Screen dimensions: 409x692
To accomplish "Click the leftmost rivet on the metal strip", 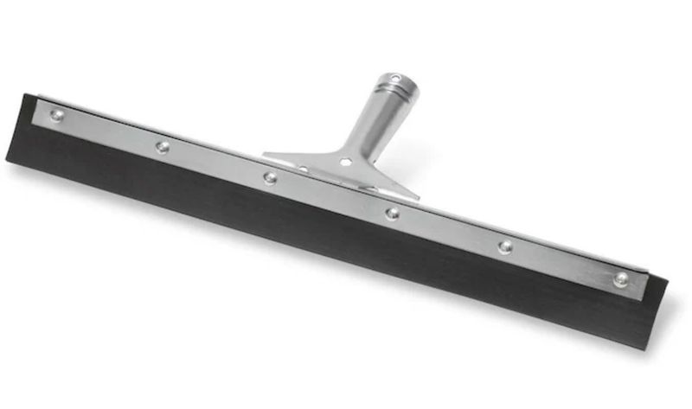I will (x=56, y=115).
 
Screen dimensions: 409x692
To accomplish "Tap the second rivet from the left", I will (x=162, y=146).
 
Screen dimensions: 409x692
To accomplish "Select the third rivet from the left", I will (x=271, y=178).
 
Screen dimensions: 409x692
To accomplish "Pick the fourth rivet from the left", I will (x=392, y=213).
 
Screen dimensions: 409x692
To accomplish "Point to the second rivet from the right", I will (x=504, y=246).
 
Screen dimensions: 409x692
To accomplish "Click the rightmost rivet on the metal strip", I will (x=620, y=278).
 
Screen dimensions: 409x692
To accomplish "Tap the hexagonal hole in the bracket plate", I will (x=345, y=162).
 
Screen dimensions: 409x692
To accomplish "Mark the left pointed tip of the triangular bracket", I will (x=266, y=156).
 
